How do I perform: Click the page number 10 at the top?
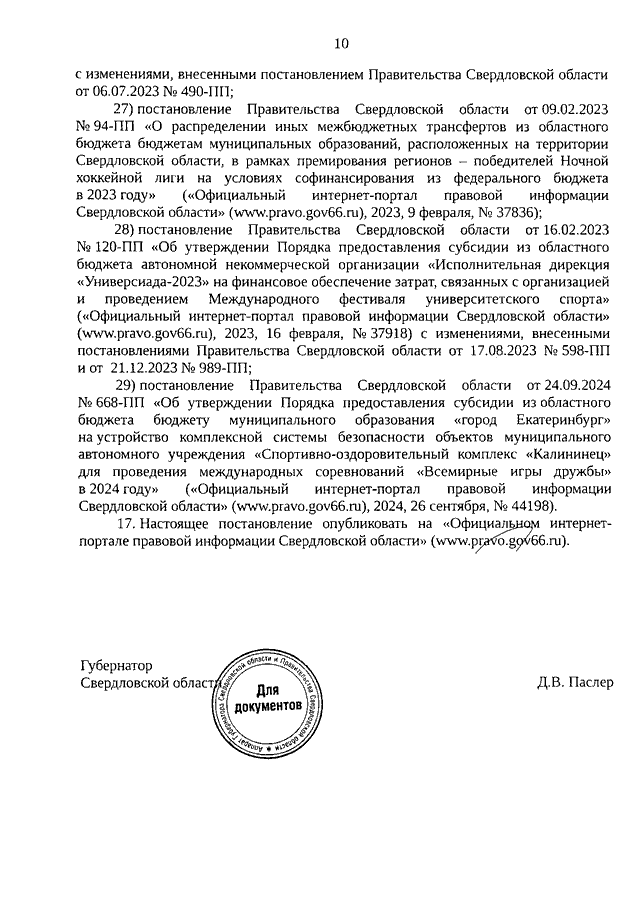(341, 43)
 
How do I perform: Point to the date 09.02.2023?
(566, 107)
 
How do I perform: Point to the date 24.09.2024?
(566, 386)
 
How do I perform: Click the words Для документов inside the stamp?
(267, 699)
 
